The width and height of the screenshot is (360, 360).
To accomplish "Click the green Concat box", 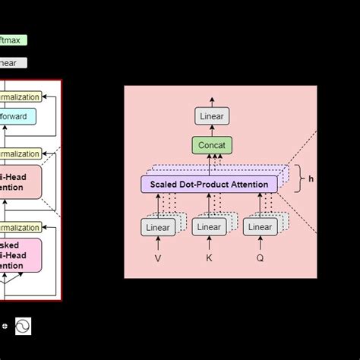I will click(211, 145).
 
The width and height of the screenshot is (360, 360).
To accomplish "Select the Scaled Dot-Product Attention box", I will click(209, 183).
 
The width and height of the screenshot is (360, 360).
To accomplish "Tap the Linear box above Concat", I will click(211, 116).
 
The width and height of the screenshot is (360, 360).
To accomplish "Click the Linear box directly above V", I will click(157, 226).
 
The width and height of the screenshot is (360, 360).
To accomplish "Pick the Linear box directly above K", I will click(209, 226).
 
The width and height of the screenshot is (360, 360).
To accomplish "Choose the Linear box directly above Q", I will click(260, 226).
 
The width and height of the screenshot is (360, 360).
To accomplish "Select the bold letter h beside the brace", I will click(311, 180).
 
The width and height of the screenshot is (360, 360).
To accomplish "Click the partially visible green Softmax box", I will click(14, 40).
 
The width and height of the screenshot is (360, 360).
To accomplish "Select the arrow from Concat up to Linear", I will click(211, 131).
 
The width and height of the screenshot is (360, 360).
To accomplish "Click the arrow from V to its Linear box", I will click(158, 243).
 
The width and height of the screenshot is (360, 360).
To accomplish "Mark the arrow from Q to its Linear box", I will click(260, 243).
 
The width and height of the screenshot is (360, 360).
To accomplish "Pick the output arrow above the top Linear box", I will click(211, 102).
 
